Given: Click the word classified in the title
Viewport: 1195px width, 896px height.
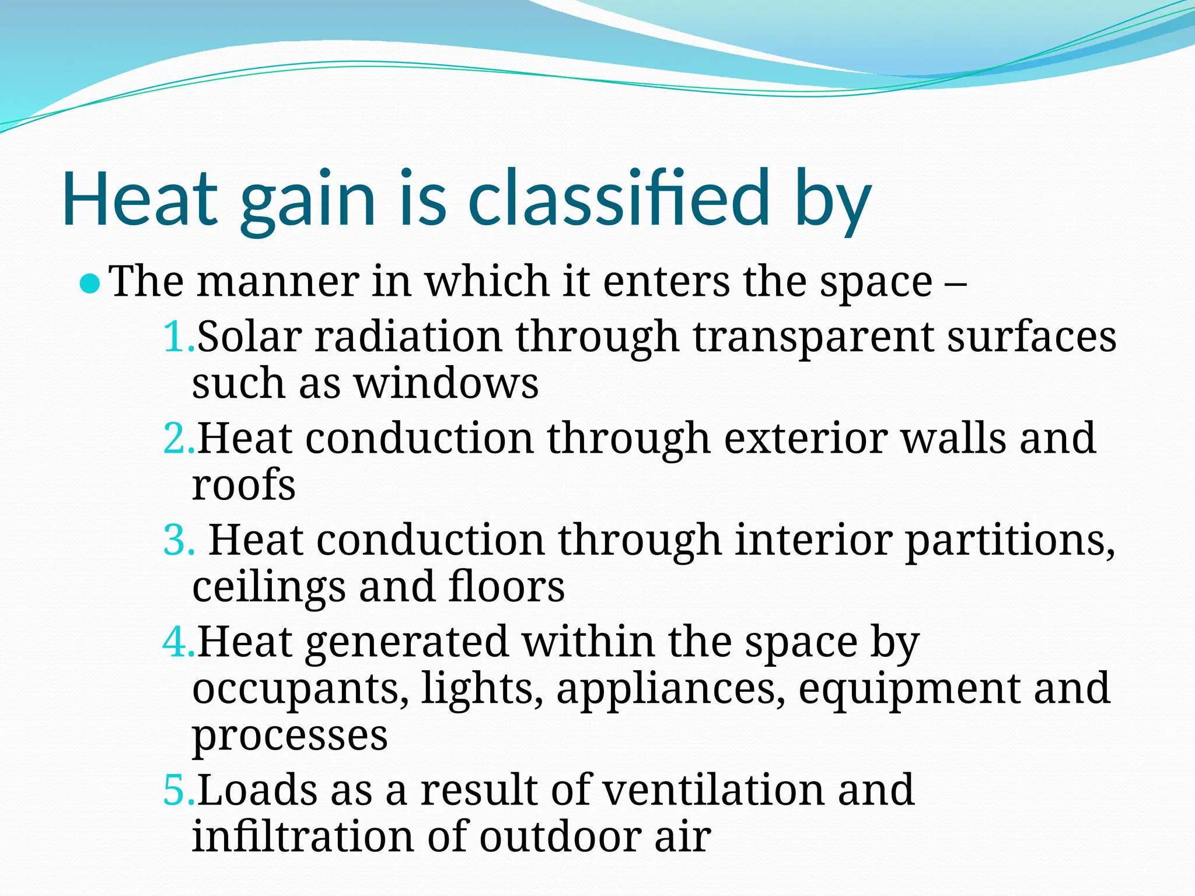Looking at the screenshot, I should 619,198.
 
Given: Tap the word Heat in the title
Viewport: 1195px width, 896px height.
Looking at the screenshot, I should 140,198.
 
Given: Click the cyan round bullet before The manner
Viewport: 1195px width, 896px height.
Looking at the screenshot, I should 90,284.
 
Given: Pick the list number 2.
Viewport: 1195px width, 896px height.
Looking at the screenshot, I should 176,439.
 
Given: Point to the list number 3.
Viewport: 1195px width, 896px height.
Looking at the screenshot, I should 176,540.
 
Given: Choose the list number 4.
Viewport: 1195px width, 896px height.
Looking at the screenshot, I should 176,642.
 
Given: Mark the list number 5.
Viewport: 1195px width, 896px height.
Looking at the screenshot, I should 176,790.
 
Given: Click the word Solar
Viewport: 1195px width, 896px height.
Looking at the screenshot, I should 250,337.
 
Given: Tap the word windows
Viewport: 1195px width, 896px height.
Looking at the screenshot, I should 447,384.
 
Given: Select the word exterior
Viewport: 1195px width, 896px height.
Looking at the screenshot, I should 806,439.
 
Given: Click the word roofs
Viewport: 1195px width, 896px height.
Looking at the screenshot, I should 244,485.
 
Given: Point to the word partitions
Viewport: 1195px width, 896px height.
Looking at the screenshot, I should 1009,540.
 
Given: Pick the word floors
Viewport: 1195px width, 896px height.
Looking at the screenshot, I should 506,587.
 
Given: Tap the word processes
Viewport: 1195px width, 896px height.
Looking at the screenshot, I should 290,736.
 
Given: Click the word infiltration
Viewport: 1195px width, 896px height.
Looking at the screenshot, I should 302,837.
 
